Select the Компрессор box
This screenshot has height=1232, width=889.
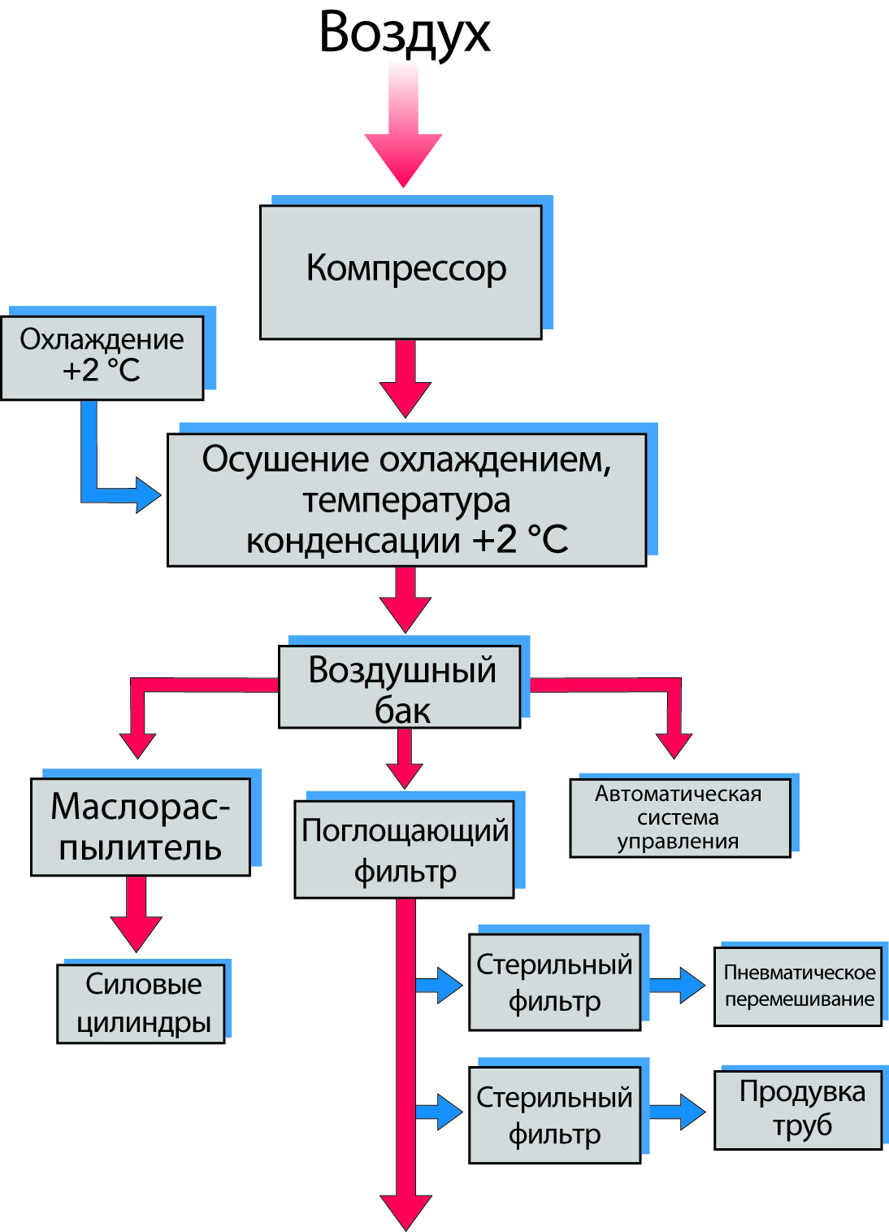pos(401,272)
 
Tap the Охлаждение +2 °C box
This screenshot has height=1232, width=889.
pos(102,357)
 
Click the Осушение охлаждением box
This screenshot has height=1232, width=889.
pos(406,499)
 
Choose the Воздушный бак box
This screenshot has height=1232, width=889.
pos(400,686)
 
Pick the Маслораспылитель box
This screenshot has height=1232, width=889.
pos(141,826)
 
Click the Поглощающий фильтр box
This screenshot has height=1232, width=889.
pos(404,849)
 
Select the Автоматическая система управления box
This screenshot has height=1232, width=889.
pos(679,817)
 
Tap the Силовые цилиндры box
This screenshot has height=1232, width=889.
pos(141,1003)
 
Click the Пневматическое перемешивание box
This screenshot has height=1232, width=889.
pos(798,986)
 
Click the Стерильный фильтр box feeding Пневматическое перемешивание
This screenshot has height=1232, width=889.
pos(554,982)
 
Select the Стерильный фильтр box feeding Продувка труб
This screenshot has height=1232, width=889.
pos(554,1114)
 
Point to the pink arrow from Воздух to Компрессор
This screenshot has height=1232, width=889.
pos(403,130)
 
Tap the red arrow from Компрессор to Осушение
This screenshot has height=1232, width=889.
pos(405,380)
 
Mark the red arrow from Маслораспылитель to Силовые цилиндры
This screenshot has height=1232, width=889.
pos(137,914)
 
